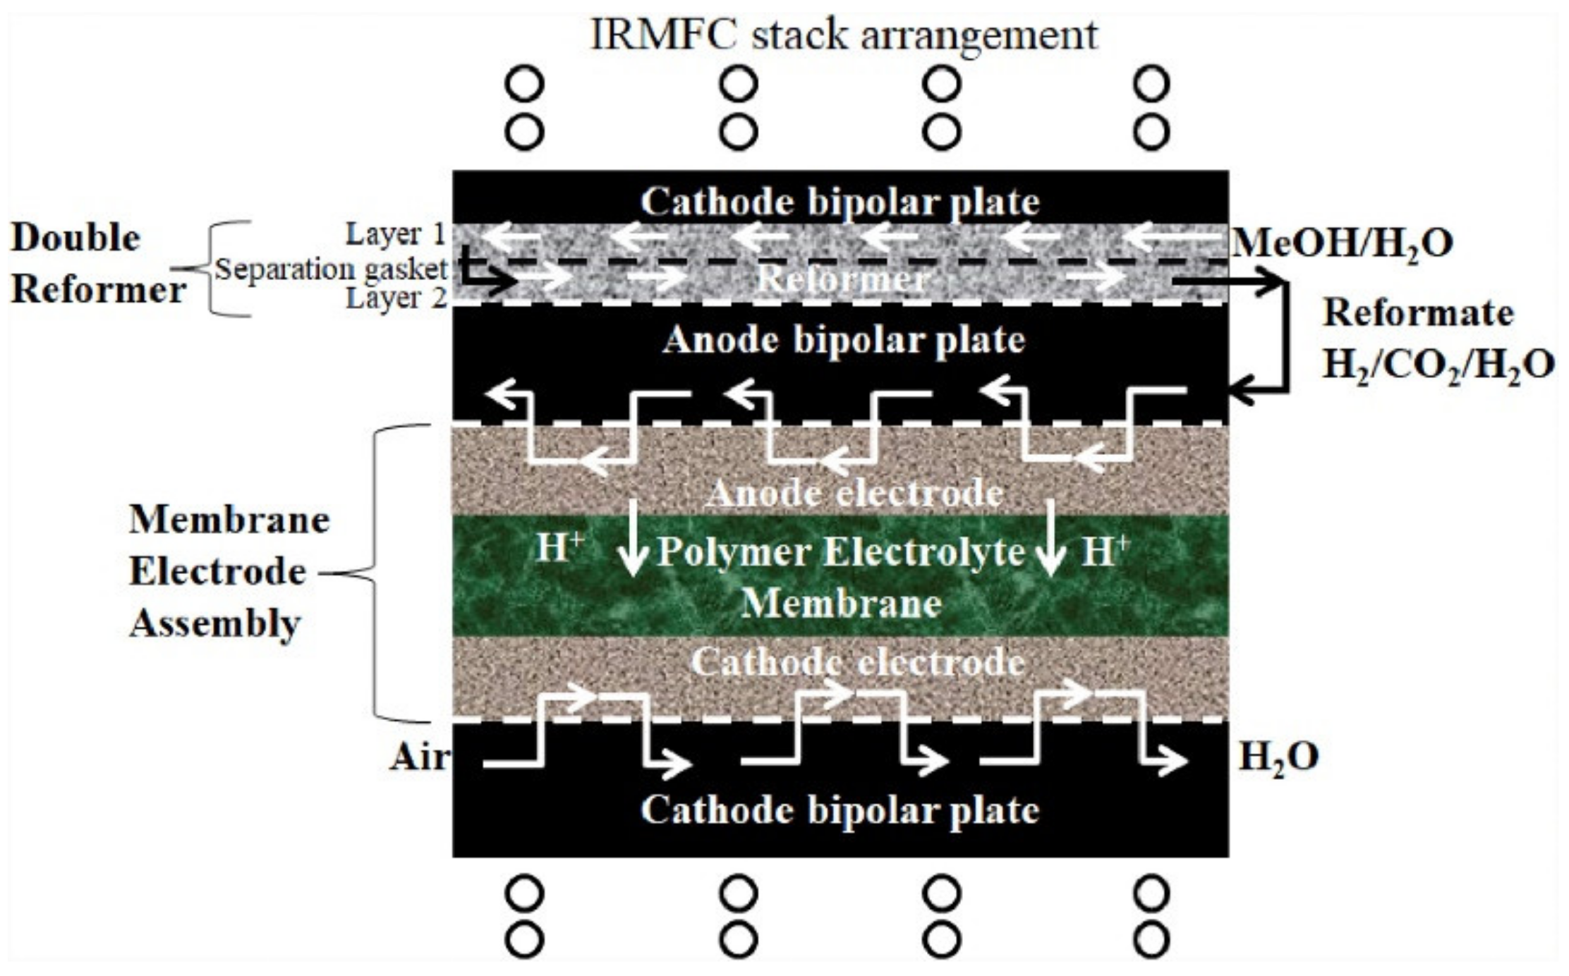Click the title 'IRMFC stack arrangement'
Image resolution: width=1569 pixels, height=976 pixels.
point(843,35)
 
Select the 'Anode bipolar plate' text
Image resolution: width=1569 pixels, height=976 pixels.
point(843,340)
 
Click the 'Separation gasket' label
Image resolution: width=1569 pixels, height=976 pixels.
point(331,269)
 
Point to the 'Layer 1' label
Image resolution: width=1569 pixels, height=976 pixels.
point(396,234)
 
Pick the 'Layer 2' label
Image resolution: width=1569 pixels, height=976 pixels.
point(396,298)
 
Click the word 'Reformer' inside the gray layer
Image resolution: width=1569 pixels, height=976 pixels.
point(841,279)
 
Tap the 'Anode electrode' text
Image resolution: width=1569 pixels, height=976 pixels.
point(854,492)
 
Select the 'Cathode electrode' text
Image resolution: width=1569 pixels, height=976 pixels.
point(857,661)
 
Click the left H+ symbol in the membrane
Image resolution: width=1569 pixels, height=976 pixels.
point(559,548)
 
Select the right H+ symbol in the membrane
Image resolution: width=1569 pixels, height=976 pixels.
point(1105,550)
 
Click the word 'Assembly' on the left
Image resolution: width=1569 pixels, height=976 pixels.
point(215,623)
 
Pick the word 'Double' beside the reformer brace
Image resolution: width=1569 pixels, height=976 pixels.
point(75,238)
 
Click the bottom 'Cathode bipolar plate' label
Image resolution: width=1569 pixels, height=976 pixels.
point(840,810)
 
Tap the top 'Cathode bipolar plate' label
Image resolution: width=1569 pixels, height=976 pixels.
point(840,202)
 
